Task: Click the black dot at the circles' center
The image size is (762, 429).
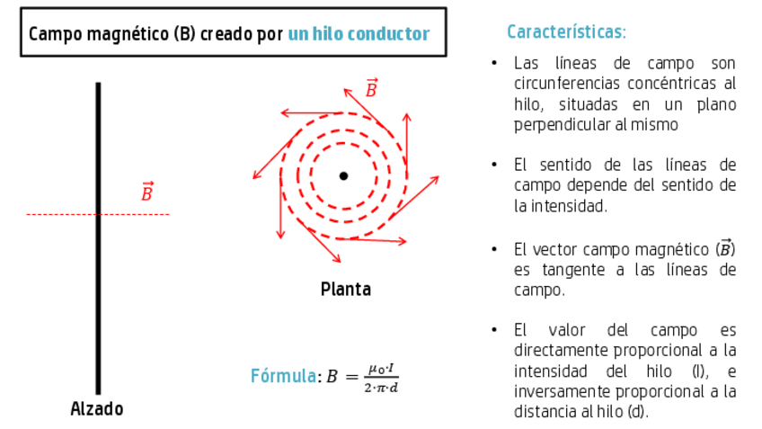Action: pyautogui.click(x=343, y=175)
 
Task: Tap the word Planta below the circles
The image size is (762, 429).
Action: pyautogui.click(x=345, y=290)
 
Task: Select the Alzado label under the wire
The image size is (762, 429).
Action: pyautogui.click(x=97, y=408)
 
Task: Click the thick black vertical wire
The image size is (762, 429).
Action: pyautogui.click(x=98, y=270)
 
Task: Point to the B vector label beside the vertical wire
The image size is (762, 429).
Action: pyautogui.click(x=147, y=192)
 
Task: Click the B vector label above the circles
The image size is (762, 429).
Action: pyautogui.click(x=371, y=88)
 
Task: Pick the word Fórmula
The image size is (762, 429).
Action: pyautogui.click(x=283, y=376)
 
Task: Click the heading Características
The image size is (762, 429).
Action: pyautogui.click(x=566, y=32)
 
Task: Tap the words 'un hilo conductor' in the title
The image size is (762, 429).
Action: pyautogui.click(x=359, y=34)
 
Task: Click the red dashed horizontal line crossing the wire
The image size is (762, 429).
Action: pyautogui.click(x=54, y=214)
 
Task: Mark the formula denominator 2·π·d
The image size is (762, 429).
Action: pyautogui.click(x=381, y=387)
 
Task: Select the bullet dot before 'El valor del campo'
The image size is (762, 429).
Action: pyautogui.click(x=494, y=330)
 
